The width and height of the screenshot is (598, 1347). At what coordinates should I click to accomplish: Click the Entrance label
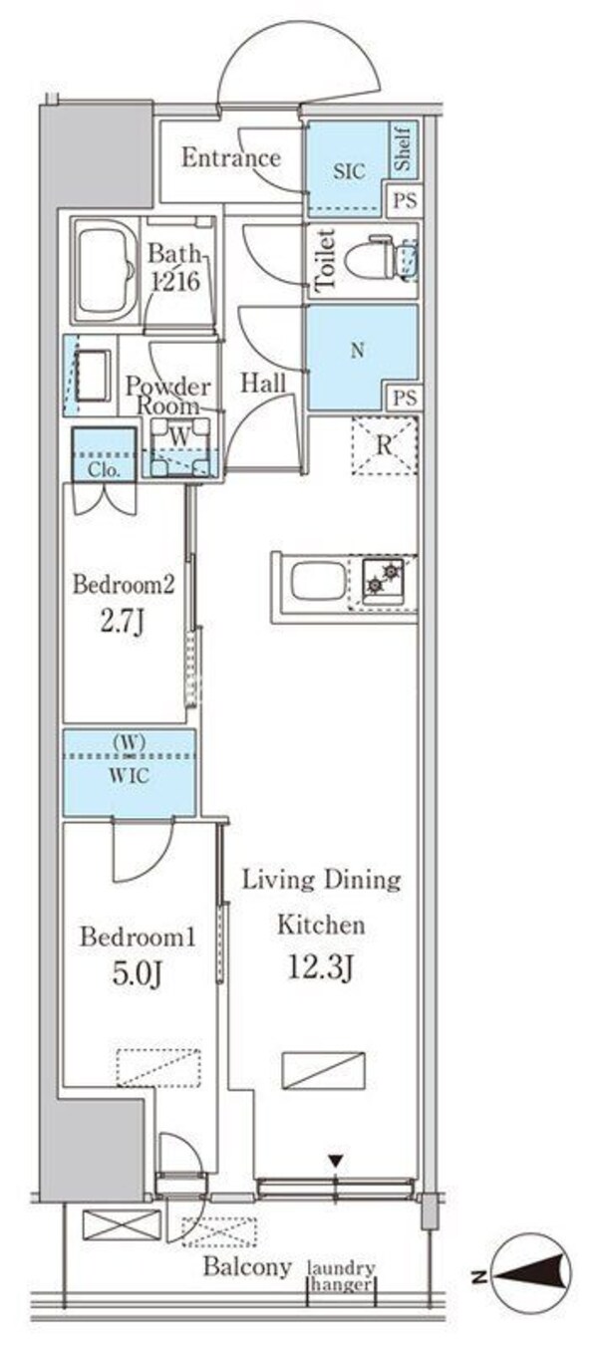click(x=231, y=158)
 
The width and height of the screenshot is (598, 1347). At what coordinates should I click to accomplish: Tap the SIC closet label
click(x=349, y=171)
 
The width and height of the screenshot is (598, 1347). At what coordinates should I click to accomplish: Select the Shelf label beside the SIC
click(x=403, y=148)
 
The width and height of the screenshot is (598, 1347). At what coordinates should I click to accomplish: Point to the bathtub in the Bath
click(x=106, y=271)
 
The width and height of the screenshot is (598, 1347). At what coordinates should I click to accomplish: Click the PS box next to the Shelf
click(x=405, y=199)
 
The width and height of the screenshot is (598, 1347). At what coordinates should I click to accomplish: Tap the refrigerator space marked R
click(x=385, y=445)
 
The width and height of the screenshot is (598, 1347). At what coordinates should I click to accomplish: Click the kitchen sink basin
click(x=318, y=583)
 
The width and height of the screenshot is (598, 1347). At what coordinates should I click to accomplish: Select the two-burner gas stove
click(x=383, y=581)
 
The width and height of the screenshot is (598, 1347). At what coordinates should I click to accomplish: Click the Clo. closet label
click(x=104, y=469)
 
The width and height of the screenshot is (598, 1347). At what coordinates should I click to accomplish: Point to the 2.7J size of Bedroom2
click(x=123, y=625)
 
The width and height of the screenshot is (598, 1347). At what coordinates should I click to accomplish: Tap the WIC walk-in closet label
click(x=129, y=776)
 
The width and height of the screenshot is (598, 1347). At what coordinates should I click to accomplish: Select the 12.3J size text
click(x=320, y=967)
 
